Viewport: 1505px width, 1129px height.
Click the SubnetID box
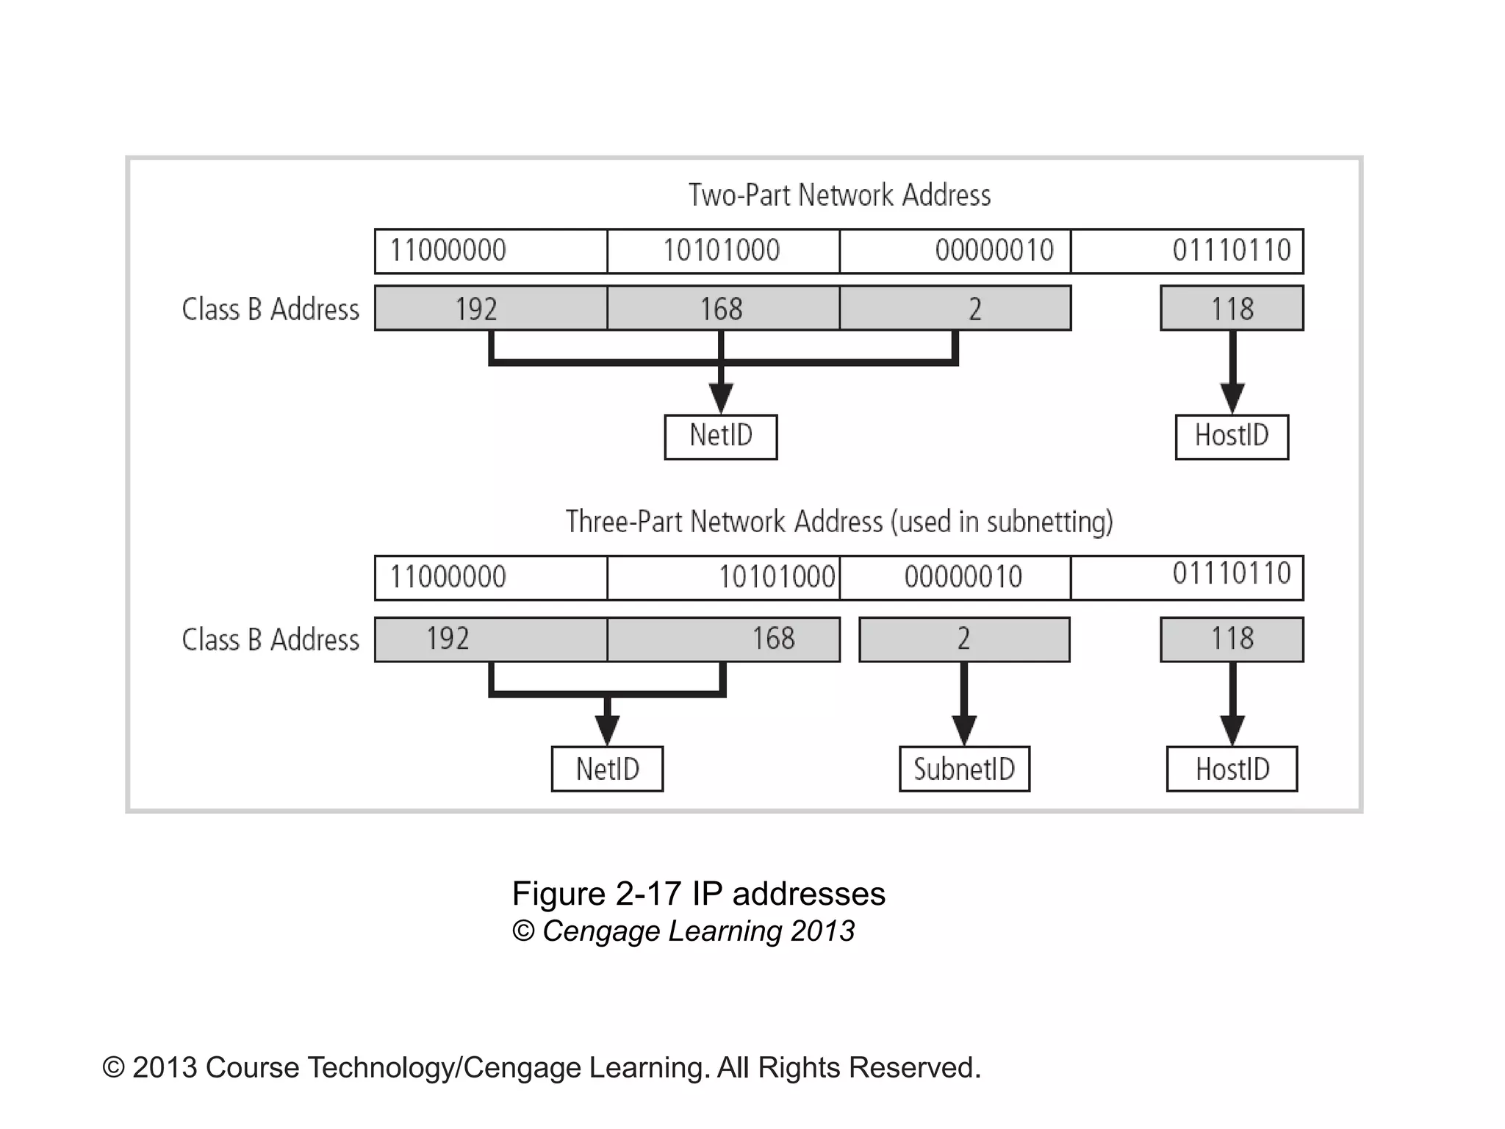964,769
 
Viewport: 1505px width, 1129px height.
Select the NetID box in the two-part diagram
720,437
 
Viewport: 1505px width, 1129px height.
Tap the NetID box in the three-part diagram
607,769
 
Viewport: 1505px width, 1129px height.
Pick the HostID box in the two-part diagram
1232,437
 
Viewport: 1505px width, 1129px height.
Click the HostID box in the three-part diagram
1232,769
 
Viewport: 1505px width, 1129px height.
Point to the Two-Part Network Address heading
839,196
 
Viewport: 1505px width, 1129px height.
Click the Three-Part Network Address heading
839,522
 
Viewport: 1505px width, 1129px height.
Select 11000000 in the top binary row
448,251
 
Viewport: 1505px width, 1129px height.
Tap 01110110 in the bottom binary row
1232,574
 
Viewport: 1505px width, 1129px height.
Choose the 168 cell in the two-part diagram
722,309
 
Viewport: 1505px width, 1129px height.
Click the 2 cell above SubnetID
964,639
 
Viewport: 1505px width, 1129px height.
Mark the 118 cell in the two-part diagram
1232,309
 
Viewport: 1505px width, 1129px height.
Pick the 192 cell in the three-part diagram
448,639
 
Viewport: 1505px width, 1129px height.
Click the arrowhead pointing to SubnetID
964,729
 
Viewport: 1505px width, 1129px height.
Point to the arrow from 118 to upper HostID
1232,371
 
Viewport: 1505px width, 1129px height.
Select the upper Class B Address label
270,309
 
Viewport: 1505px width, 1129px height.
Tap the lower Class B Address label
270,640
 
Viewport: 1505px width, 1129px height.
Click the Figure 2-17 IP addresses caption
698,894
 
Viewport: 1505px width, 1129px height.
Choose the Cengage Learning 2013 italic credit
683,931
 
